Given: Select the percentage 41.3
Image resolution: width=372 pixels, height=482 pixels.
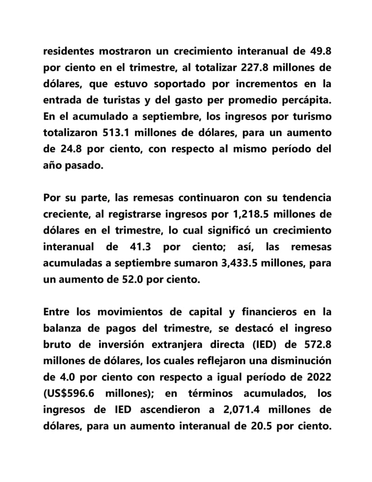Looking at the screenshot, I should coord(137,247).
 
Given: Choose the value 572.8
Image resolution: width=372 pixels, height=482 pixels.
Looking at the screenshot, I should coord(317,344).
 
